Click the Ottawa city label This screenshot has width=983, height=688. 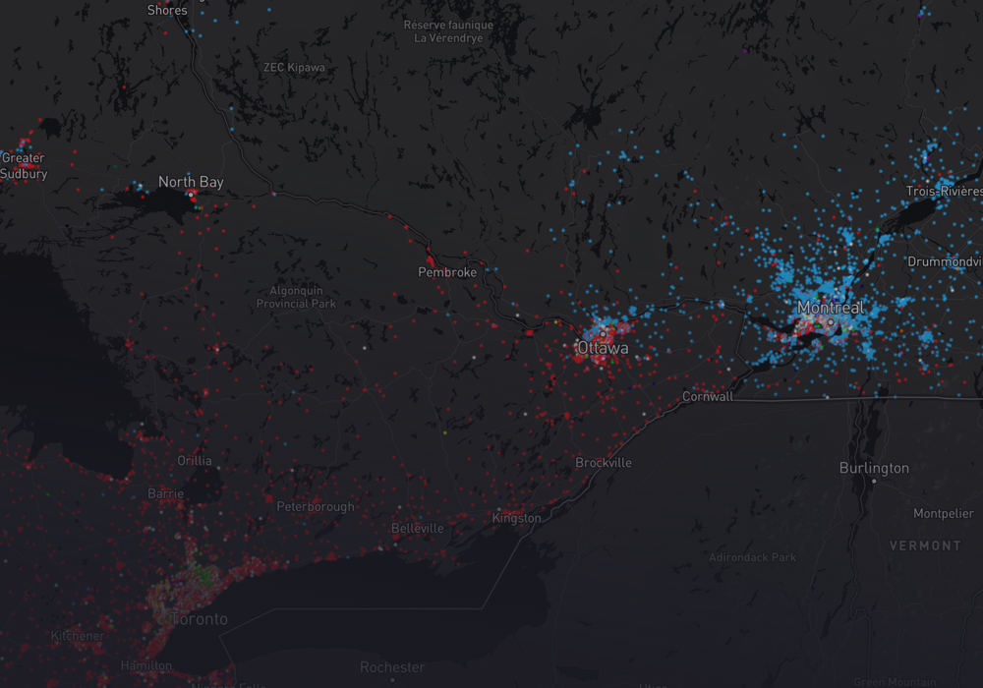603,348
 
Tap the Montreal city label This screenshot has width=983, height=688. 831,308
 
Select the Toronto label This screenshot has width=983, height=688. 200,619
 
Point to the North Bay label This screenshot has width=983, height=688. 191,182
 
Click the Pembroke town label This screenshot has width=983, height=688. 447,272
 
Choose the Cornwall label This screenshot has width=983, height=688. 708,397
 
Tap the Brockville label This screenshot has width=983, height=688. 604,463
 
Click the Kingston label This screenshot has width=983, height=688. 516,518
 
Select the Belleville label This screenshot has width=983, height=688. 418,528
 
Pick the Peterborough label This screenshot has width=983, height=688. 316,507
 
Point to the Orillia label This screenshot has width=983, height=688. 194,460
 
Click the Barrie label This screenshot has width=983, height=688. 165,493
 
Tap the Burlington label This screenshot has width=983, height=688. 874,468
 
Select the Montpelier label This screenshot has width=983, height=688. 943,514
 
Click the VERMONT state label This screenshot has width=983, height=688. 925,545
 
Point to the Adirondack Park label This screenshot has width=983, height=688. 752,557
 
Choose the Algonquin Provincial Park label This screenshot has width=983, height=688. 296,297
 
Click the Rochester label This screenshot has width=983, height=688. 391,667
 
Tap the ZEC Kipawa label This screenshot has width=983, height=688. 294,68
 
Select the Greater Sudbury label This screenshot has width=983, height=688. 24,165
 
